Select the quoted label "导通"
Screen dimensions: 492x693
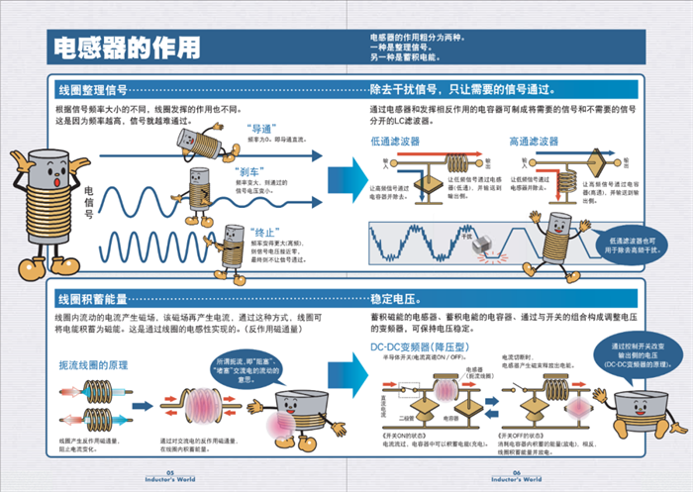point(261,129)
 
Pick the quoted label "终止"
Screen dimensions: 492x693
point(263,230)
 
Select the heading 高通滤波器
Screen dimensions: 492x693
point(535,143)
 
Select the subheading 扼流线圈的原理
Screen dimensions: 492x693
point(98,365)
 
